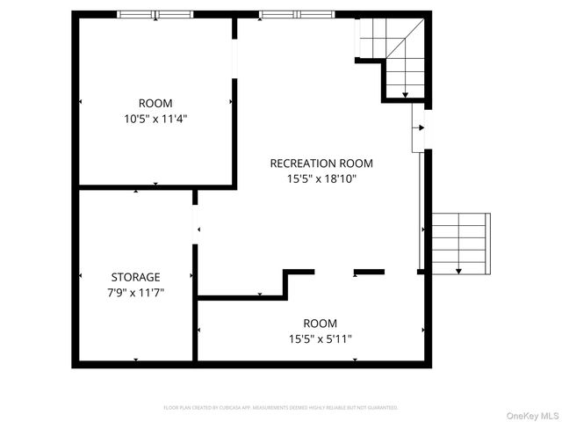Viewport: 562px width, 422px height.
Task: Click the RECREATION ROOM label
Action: [321, 163]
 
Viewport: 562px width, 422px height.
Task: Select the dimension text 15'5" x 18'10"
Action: [321, 178]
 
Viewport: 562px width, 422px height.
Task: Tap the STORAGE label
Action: [135, 277]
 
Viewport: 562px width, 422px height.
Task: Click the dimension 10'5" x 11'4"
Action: [155, 118]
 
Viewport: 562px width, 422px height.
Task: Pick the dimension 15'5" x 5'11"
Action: [321, 338]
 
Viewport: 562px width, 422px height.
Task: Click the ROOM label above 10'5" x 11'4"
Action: [155, 103]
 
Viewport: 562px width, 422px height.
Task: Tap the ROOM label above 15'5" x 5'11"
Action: [321, 323]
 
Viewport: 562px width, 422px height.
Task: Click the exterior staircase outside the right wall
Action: [457, 243]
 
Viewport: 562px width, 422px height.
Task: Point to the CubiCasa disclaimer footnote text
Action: [281, 408]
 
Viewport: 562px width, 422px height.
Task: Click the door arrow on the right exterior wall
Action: [420, 128]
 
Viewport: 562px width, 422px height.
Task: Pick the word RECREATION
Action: [301, 163]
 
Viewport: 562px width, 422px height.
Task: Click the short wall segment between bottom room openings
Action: [369, 271]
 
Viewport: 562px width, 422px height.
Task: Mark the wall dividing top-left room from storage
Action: [155, 186]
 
